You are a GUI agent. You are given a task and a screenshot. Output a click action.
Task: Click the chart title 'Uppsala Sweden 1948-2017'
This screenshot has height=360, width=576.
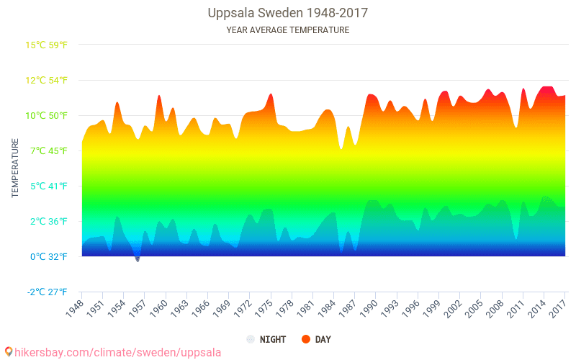pyautogui.click(x=287, y=14)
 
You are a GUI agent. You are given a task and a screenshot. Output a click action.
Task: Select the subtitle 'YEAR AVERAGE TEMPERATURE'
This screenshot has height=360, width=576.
pyautogui.click(x=287, y=30)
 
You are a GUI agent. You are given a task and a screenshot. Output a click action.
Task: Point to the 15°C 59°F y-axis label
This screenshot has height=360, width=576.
pyautogui.click(x=47, y=45)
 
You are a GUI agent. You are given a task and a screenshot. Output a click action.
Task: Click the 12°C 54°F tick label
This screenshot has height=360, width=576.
pyautogui.click(x=47, y=81)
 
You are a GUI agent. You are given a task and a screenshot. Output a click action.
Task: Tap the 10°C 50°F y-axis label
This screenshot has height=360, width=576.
pyautogui.click(x=47, y=116)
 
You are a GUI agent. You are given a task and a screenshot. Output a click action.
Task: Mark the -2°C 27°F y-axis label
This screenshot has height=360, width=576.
pyautogui.click(x=47, y=292)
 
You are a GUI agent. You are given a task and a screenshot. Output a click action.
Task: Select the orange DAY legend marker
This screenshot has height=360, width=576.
pyautogui.click(x=305, y=339)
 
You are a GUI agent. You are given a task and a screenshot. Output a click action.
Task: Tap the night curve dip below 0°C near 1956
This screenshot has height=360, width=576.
pyautogui.click(x=137, y=258)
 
